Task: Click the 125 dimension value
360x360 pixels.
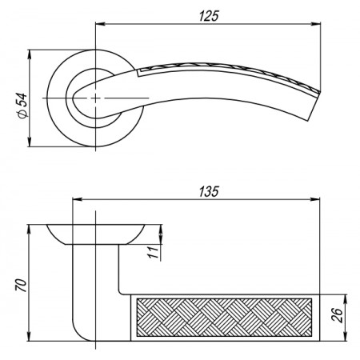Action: [x=209, y=16]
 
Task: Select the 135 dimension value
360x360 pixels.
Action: [x=209, y=191]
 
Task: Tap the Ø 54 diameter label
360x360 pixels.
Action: [x=22, y=106]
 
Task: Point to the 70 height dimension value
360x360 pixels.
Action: [x=22, y=286]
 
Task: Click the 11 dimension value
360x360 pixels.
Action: [x=154, y=252]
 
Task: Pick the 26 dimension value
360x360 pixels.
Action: [x=337, y=315]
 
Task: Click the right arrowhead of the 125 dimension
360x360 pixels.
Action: [x=316, y=24]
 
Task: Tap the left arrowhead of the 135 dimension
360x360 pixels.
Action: [x=78, y=199]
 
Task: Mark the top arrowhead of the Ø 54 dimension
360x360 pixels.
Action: [x=30, y=54]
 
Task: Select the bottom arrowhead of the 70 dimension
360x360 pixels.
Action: [x=30, y=336]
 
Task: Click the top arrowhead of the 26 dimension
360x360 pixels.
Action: [x=346, y=299]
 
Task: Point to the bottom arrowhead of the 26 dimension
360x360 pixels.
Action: [x=346, y=336]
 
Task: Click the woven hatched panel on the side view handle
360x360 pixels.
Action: [x=224, y=318]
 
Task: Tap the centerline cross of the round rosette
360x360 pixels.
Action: [x=95, y=98]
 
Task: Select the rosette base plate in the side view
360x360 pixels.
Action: [x=96, y=234]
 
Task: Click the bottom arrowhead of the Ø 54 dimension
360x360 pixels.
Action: [x=30, y=142]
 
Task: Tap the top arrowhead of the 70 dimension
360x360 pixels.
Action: [x=30, y=230]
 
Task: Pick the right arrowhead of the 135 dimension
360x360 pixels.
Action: [x=314, y=199]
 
